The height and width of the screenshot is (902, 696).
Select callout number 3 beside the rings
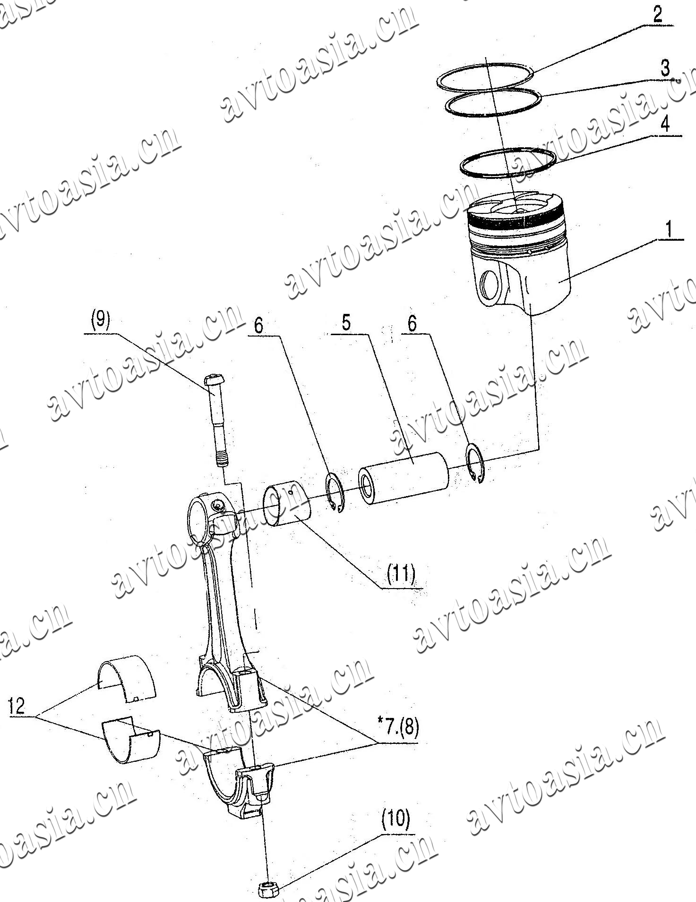(665, 68)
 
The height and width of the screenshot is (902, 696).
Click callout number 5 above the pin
(346, 323)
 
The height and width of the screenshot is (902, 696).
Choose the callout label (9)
(101, 320)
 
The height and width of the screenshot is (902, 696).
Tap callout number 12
(17, 706)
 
